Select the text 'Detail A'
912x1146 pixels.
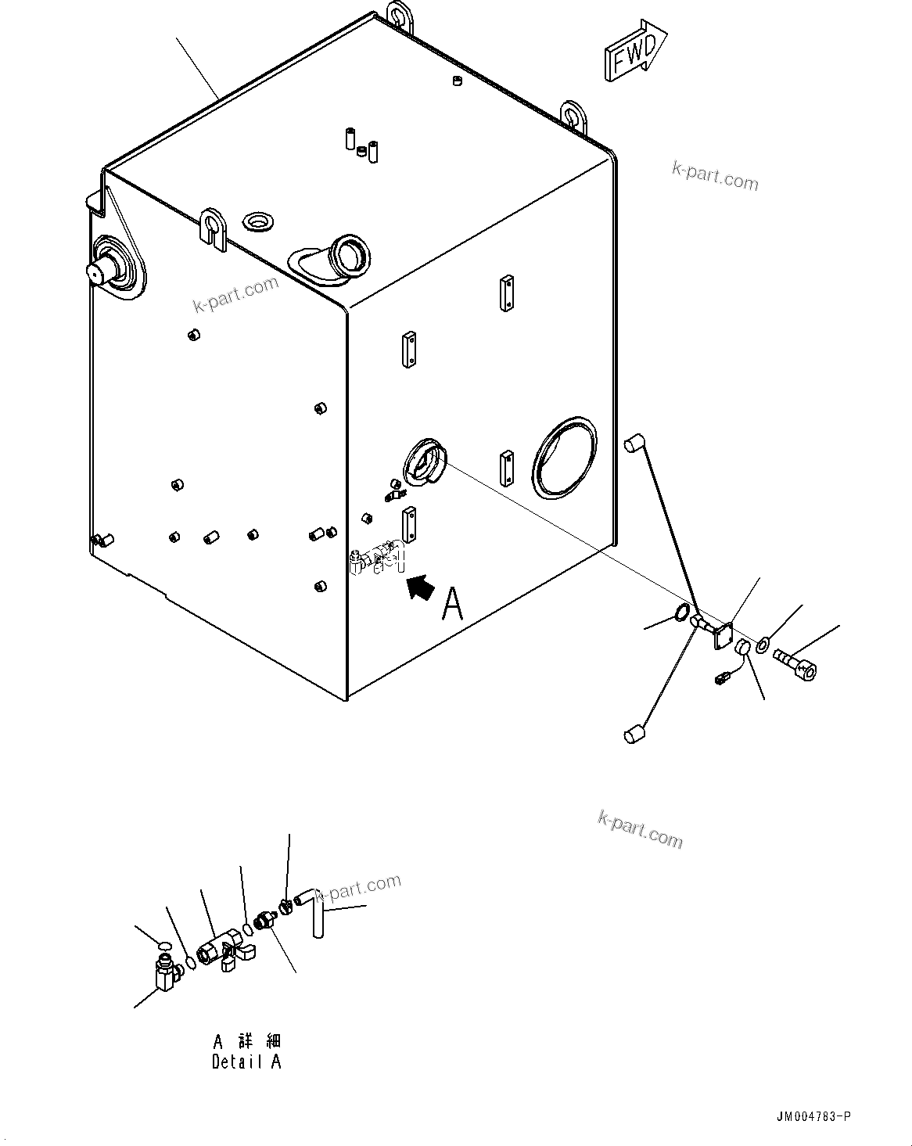click(246, 1062)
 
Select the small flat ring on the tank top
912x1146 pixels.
click(257, 221)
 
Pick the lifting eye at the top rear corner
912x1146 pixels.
click(399, 16)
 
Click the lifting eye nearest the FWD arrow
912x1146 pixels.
click(575, 115)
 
